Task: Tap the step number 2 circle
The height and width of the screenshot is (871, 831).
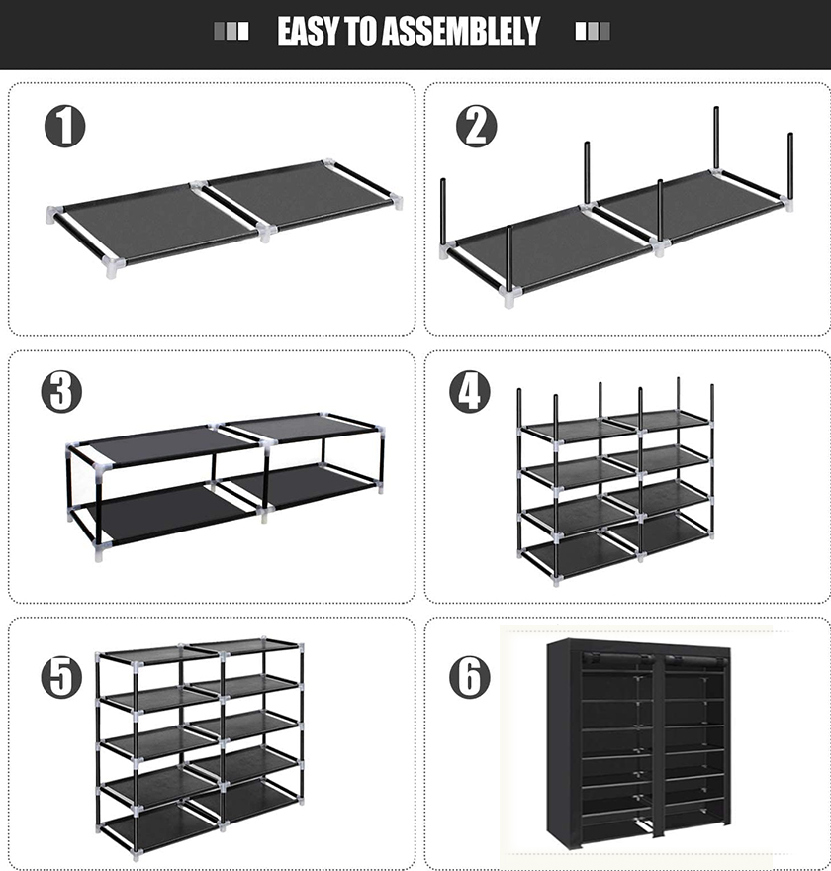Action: (x=476, y=126)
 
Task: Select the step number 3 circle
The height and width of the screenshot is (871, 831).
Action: (x=61, y=391)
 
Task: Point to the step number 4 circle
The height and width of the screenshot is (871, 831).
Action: (x=470, y=391)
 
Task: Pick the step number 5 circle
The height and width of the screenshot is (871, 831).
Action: (x=61, y=677)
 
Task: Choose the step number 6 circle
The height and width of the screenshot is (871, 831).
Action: (x=470, y=677)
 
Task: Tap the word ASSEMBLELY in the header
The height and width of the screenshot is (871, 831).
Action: (x=461, y=31)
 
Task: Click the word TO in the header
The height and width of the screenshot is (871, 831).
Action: (x=361, y=31)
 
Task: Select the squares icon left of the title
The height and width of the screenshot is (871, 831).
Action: (x=231, y=31)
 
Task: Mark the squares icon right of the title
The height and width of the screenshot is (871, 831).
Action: (x=593, y=31)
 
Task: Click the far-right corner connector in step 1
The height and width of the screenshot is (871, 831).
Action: (x=396, y=201)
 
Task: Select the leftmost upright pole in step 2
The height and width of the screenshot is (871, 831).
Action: (x=443, y=213)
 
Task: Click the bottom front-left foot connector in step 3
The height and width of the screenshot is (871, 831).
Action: (x=99, y=552)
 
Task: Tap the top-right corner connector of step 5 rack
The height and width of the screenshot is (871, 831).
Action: (x=301, y=646)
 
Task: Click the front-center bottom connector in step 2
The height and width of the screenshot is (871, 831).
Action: (x=509, y=296)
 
